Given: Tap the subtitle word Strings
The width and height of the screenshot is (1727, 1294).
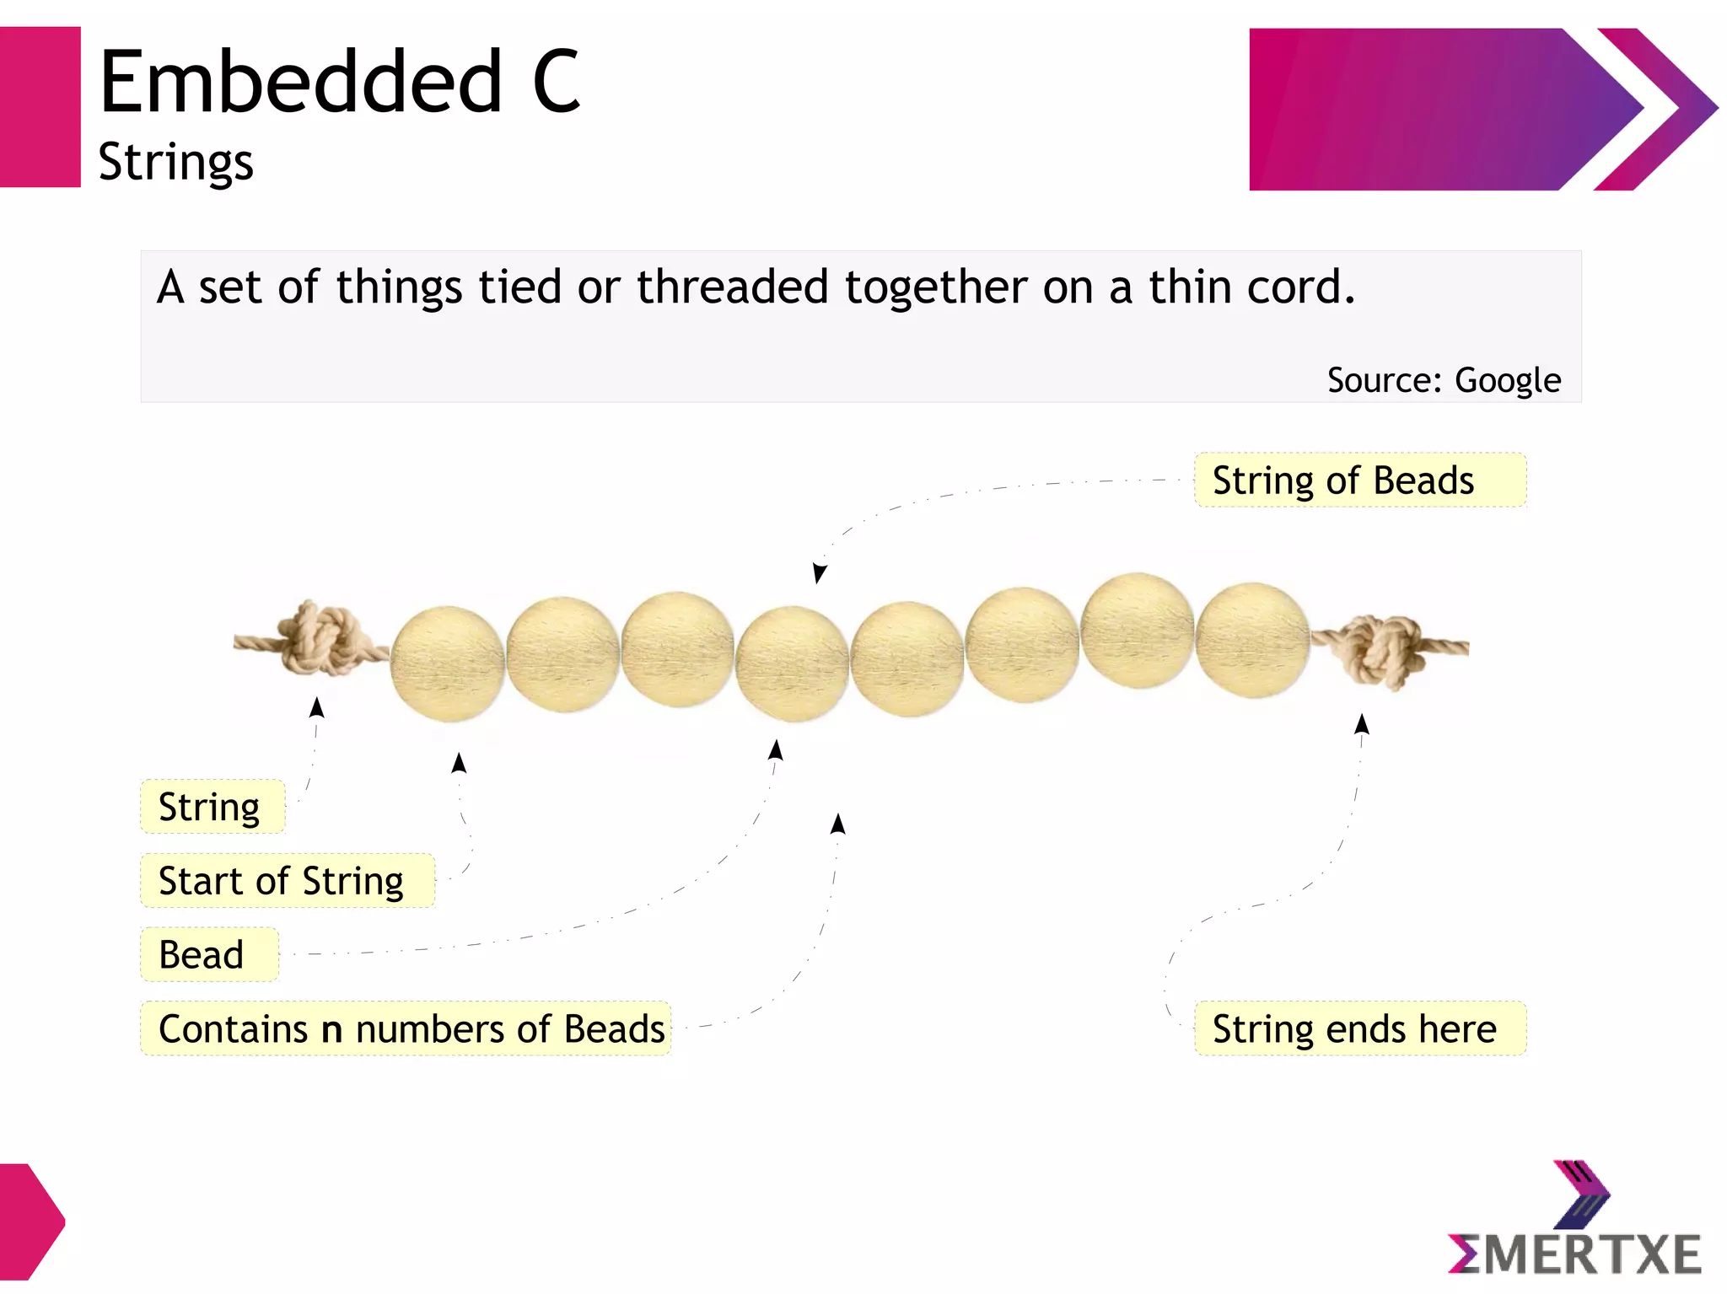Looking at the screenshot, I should coord(175,162).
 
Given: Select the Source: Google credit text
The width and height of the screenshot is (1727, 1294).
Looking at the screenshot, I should coord(1444,380).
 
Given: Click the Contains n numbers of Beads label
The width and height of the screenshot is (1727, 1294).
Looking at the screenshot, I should coord(406,1029).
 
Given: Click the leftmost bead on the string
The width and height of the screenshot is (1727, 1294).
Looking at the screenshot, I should coord(447,664).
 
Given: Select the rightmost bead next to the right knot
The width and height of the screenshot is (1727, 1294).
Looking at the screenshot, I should coord(1252,640).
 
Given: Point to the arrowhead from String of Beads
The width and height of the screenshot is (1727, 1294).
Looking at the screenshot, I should coord(819,573).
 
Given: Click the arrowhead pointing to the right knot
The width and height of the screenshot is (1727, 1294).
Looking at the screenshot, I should coord(1362,723).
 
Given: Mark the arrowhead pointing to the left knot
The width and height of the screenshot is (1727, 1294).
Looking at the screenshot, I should coord(317,706).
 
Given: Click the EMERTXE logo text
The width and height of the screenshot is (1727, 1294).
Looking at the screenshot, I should coord(1574,1255).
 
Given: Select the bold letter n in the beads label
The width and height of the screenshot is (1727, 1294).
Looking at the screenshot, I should coord(332,1031).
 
